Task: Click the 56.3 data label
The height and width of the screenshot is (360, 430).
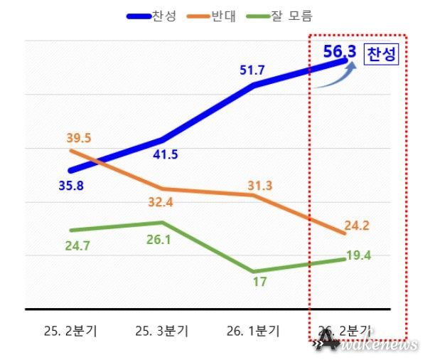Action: pyautogui.click(x=339, y=52)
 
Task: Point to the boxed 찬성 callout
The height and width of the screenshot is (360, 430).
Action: pyautogui.click(x=382, y=54)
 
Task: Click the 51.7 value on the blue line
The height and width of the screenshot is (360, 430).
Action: pyautogui.click(x=254, y=70)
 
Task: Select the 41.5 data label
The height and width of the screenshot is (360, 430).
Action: pyautogui.click(x=166, y=154)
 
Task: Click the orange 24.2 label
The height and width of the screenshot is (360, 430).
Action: pyautogui.click(x=356, y=226)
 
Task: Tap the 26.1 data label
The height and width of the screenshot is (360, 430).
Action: pyautogui.click(x=166, y=240)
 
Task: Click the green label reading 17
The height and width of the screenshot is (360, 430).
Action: pyautogui.click(x=259, y=282)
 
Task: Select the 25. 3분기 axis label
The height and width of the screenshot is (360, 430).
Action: pyautogui.click(x=161, y=331)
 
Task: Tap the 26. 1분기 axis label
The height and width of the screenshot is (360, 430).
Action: pyautogui.click(x=254, y=331)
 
